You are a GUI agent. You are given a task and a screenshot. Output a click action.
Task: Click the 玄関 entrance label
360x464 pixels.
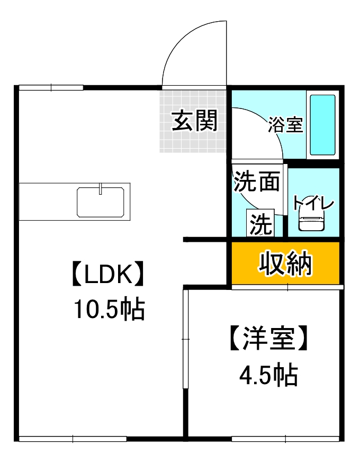click(x=194, y=121)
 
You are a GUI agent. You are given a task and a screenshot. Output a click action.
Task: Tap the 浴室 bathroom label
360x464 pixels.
click(x=285, y=125)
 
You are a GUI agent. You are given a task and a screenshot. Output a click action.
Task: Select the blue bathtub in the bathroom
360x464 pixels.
click(x=322, y=125)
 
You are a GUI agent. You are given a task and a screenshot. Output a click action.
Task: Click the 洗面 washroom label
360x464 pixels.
click(x=257, y=183)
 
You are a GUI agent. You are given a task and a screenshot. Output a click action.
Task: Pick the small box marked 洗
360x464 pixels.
click(x=260, y=224)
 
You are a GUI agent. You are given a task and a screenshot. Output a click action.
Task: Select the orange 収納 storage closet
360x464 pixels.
click(x=285, y=263)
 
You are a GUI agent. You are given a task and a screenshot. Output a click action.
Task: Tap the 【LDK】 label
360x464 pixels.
click(x=108, y=275)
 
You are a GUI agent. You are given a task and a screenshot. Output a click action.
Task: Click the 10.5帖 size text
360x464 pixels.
click(x=108, y=310)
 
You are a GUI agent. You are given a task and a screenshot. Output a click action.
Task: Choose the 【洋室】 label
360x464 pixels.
click(x=267, y=339)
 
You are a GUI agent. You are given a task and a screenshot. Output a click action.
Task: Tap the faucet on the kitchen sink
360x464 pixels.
click(x=101, y=189)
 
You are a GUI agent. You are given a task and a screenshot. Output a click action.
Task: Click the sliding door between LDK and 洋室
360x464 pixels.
click(x=185, y=339)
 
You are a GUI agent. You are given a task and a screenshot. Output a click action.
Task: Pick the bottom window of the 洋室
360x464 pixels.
click(x=286, y=439)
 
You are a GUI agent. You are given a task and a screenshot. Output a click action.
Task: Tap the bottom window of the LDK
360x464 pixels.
click(x=73, y=439)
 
